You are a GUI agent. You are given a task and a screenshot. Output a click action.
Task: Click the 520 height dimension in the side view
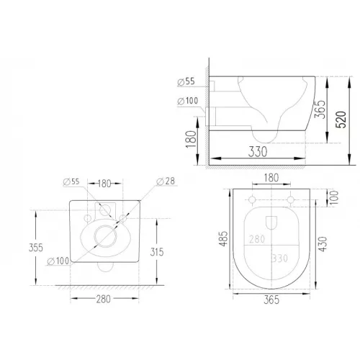(x=341, y=120)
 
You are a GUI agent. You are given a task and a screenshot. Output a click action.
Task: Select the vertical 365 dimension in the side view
(x=320, y=109)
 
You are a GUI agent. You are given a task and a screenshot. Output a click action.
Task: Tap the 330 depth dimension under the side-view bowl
(x=258, y=152)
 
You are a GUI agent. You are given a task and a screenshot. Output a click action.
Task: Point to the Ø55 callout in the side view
(x=186, y=81)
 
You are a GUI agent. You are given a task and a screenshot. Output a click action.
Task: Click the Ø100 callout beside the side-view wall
(x=188, y=101)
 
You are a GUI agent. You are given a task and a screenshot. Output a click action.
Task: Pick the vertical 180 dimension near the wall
(x=192, y=139)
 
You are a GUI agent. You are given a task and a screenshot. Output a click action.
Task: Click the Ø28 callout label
(x=166, y=181)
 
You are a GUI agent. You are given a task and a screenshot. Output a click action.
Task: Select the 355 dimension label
(x=36, y=248)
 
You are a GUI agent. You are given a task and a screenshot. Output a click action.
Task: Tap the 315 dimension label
(x=157, y=252)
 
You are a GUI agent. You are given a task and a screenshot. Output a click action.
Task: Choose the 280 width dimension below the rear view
(x=104, y=299)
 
